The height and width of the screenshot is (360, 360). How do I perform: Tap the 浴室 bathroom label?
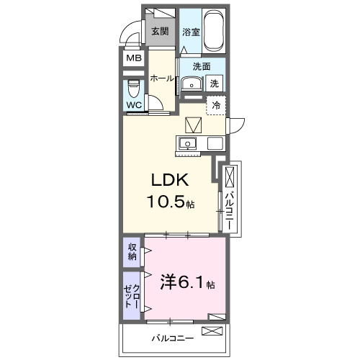(x=190, y=32)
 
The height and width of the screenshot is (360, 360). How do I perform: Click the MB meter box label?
(x=134, y=58)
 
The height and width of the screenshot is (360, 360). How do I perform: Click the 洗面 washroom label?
(x=201, y=67)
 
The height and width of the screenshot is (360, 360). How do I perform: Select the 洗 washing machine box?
(x=215, y=84)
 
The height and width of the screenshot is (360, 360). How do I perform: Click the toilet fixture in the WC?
(x=134, y=89)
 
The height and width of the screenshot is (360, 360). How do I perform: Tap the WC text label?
(x=134, y=105)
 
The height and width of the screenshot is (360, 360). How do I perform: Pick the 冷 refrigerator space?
(x=216, y=105)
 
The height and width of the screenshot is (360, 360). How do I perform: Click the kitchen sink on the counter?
(x=189, y=142)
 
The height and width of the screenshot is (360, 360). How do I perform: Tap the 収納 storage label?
(x=132, y=252)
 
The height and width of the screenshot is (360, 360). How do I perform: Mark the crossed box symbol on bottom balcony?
(x=213, y=331)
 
